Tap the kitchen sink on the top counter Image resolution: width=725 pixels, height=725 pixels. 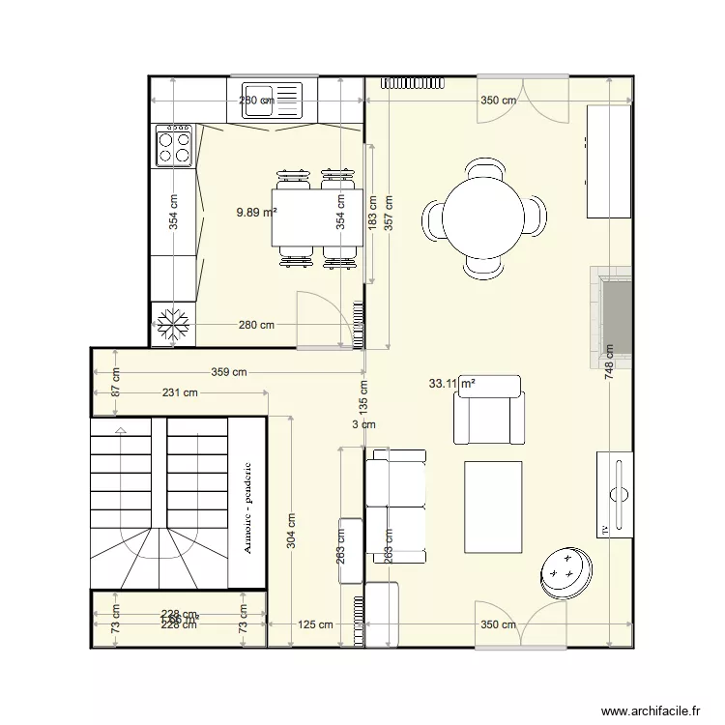pos(272,100)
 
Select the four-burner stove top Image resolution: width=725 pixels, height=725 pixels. pos(174,146)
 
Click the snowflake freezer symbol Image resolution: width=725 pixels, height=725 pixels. pos(174,325)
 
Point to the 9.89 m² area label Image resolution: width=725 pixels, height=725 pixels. pos(257,211)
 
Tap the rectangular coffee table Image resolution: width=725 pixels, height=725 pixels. pos(494,506)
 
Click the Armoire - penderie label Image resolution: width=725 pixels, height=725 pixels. pos(248,508)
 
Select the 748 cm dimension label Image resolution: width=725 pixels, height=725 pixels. pos(609,363)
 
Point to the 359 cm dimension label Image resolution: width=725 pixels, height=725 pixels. pos(229,371)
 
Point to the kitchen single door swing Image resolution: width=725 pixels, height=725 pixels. pos(319,319)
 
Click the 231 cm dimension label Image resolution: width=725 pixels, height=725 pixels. pos(179,392)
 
